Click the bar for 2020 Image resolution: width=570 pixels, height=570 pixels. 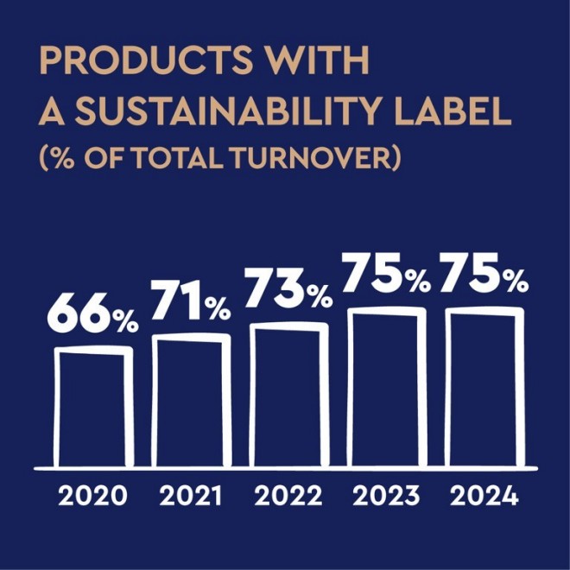click(93, 406)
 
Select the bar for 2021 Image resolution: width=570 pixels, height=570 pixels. click(192, 399)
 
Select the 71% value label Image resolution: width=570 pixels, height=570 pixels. click(192, 302)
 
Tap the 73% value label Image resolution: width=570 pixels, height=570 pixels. click(289, 291)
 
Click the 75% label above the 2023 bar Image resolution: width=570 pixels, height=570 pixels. click(387, 275)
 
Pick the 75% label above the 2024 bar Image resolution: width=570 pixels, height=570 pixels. click(484, 275)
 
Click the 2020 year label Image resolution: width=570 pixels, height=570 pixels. click(92, 497)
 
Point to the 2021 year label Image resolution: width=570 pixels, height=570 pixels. click(190, 497)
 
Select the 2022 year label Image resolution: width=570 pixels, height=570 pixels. click(288, 497)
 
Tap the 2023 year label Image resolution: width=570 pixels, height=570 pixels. click(386, 497)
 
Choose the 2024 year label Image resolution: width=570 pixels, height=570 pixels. click(484, 497)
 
